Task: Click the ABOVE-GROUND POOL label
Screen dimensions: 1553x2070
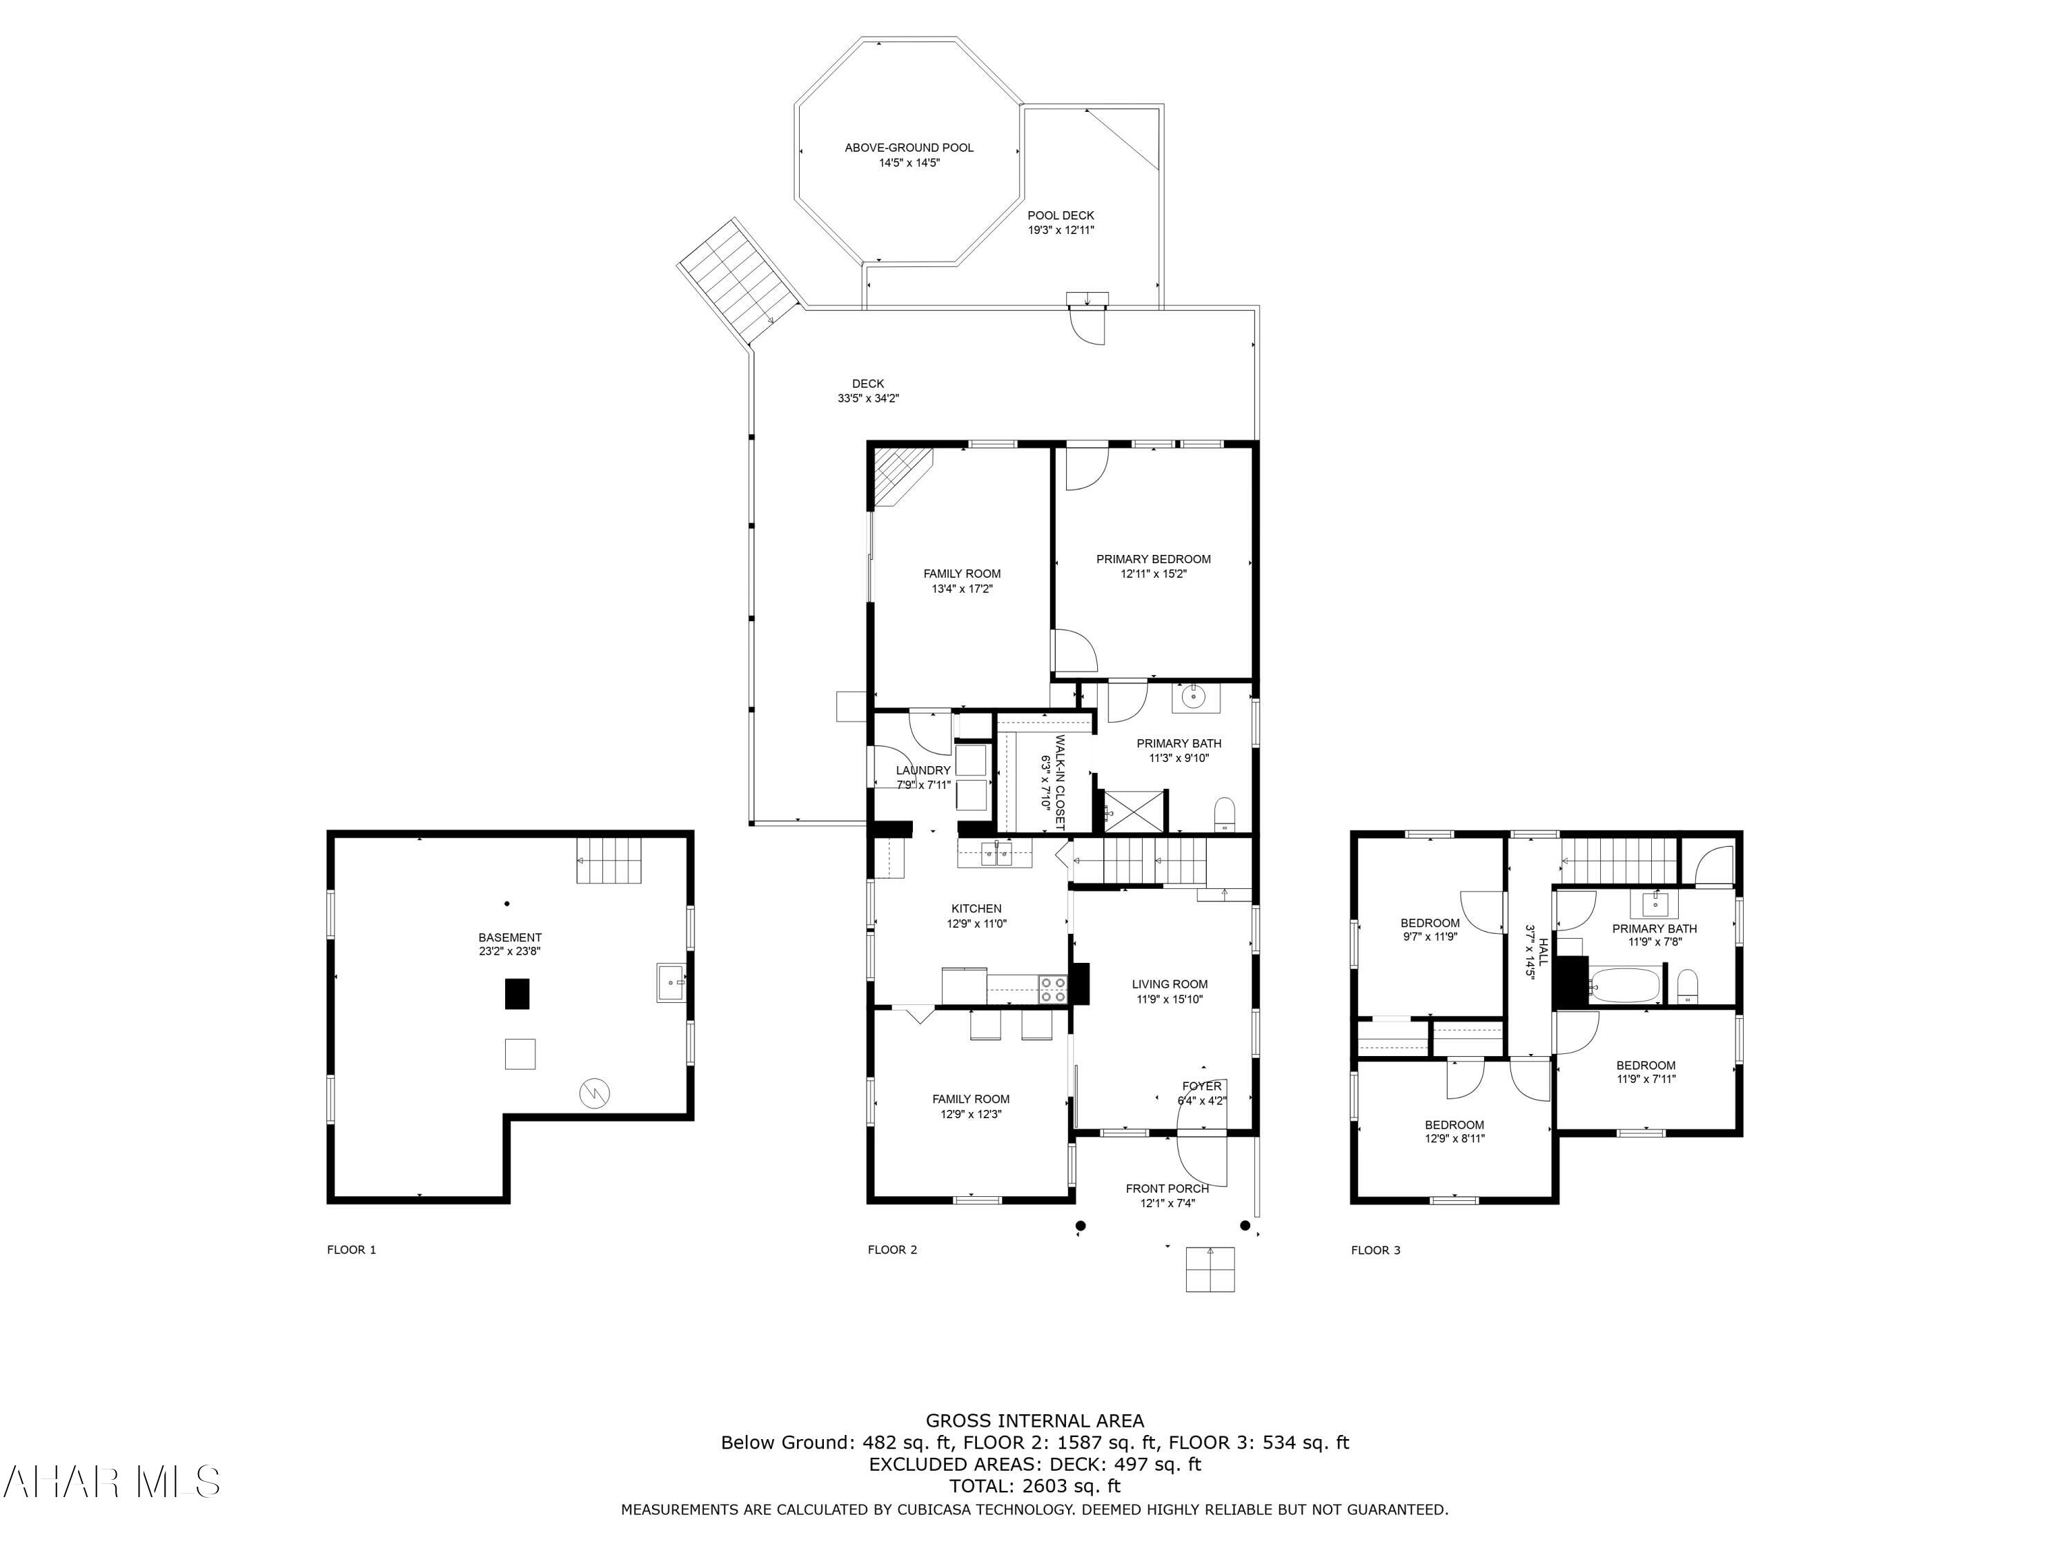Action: [x=909, y=148]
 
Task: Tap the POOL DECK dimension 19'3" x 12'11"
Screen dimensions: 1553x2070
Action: [x=1061, y=229]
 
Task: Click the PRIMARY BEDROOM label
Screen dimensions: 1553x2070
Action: [x=1153, y=559]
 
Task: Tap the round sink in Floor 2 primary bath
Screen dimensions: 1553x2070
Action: [x=1192, y=696]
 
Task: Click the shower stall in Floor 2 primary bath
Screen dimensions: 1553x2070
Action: [x=1135, y=811]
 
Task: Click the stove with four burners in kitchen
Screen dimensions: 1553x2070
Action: [x=1054, y=988]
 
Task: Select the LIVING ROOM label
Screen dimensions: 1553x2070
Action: [x=1169, y=984]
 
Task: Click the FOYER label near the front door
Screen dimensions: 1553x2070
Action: [x=1201, y=1086]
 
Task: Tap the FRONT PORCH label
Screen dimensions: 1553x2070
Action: [x=1167, y=1189]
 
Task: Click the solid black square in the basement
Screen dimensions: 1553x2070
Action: [x=517, y=993]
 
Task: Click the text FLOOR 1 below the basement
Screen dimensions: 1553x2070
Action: [x=351, y=1250]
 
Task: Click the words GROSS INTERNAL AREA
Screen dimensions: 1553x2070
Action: [x=1034, y=1421]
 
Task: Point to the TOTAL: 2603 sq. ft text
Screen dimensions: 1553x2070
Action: [x=1034, y=1485]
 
